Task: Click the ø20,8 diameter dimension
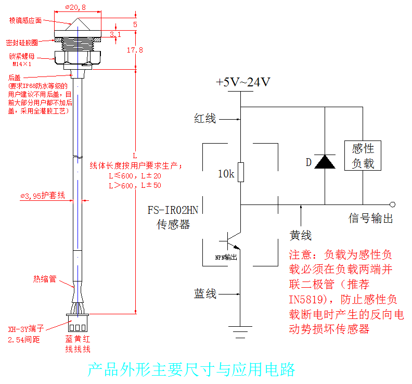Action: (x=76, y=8)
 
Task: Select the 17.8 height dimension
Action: (x=135, y=50)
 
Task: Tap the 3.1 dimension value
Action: (x=115, y=34)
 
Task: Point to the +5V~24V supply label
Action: (x=243, y=82)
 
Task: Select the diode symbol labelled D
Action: (x=325, y=162)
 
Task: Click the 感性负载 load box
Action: (x=363, y=156)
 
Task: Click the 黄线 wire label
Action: (x=300, y=236)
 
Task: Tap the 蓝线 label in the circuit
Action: (x=205, y=294)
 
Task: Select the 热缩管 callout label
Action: (x=45, y=279)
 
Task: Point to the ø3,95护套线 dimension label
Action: (x=43, y=196)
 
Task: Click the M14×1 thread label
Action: (x=22, y=64)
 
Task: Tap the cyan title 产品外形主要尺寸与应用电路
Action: (x=191, y=369)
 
